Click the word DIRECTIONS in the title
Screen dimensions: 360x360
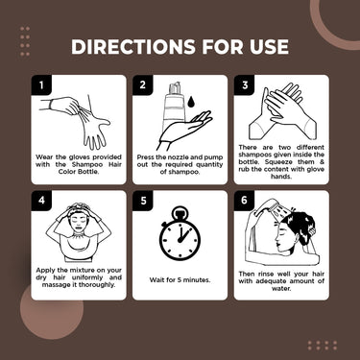coord(132,47)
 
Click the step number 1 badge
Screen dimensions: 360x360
coord(41,84)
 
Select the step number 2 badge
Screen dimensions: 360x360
coord(143,84)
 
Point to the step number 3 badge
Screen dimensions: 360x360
coord(245,84)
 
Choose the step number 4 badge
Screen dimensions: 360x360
coord(41,201)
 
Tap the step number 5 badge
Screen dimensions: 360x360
coord(143,201)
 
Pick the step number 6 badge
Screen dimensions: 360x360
coord(245,201)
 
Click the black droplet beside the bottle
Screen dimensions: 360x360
coord(191,102)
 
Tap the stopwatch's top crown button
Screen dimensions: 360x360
coord(180,212)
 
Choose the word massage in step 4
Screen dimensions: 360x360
coord(55,285)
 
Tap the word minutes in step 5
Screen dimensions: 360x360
coord(197,279)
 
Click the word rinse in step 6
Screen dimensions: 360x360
coord(265,274)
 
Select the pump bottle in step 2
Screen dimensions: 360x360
coord(175,105)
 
